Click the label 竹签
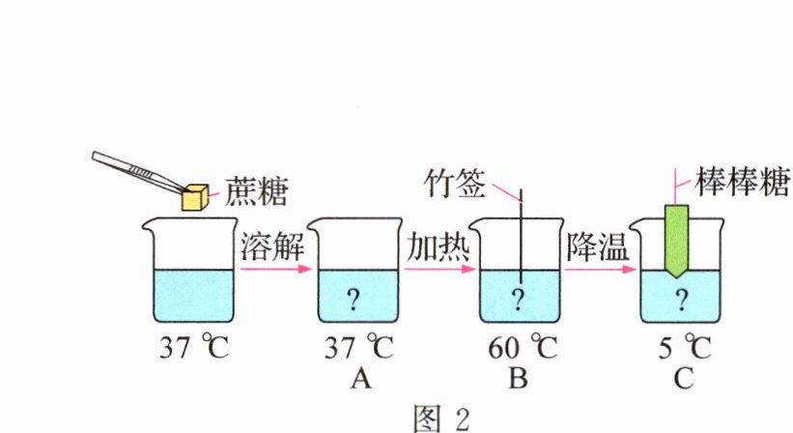456,185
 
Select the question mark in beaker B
519,300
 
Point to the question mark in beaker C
682,300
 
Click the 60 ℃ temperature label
519,347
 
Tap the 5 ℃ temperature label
682,347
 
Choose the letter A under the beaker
360,379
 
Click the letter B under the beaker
519,379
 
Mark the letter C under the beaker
683,379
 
